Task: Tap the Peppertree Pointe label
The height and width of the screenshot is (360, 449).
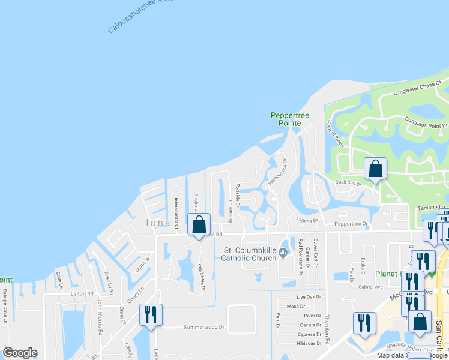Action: tap(289, 119)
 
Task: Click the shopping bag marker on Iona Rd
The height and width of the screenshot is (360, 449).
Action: tap(199, 225)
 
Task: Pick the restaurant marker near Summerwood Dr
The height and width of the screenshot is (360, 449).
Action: tap(150, 315)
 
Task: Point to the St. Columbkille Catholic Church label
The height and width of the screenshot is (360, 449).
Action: tap(248, 254)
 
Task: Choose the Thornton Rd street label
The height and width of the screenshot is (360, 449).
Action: tap(328, 329)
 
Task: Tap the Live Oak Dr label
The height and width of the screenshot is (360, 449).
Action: tap(309, 297)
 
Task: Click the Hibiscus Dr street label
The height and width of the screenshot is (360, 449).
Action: tap(310, 343)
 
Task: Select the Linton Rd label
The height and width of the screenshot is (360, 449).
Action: tap(82, 293)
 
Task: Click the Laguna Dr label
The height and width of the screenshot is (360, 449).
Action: tap(306, 220)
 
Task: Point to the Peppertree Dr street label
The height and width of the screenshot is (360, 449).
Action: tap(351, 223)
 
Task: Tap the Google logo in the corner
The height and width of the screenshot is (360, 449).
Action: tap(20, 353)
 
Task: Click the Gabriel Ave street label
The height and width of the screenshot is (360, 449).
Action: tap(370, 287)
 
